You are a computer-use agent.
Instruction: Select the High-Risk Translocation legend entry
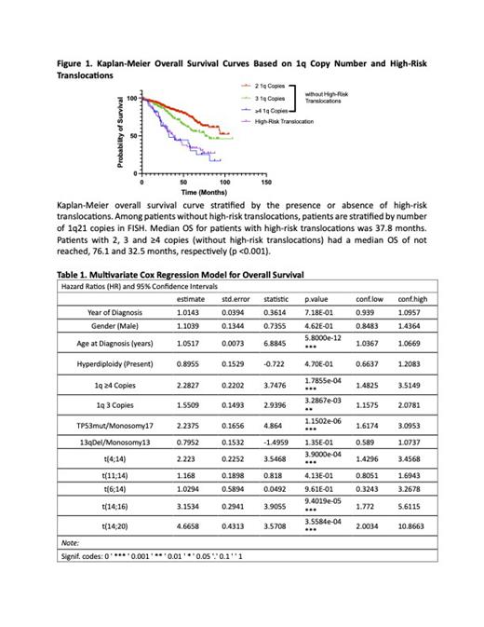pos(284,121)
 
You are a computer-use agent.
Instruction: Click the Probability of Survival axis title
pos(120,134)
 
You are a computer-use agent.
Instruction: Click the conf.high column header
pos(412,299)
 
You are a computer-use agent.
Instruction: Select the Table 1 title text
pos(180,275)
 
